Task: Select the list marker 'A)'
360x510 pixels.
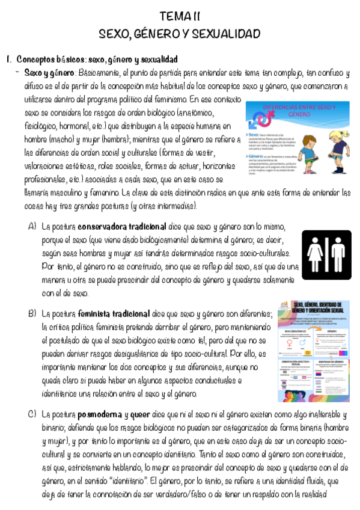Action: (32, 227)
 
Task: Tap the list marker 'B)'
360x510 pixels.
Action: (32, 314)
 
